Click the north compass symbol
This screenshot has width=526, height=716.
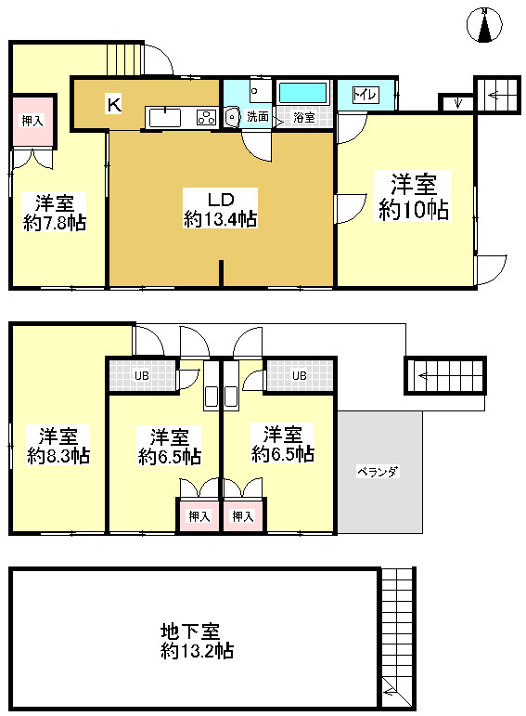point(484,25)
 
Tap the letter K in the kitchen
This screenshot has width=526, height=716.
point(113,104)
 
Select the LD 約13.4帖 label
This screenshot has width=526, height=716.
point(220,209)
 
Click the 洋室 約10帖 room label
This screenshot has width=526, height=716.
point(413,196)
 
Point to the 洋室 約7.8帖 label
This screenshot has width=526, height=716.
point(55,212)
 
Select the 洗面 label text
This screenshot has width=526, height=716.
point(257,118)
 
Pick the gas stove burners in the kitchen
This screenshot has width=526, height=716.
point(206,117)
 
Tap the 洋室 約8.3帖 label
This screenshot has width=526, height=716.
point(58,446)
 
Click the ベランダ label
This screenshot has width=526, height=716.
point(378,472)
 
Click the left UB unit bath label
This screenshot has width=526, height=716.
point(141,376)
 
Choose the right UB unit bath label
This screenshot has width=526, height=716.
point(299,376)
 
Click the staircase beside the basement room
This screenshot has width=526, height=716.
point(396,636)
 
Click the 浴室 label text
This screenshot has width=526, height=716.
point(303,118)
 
